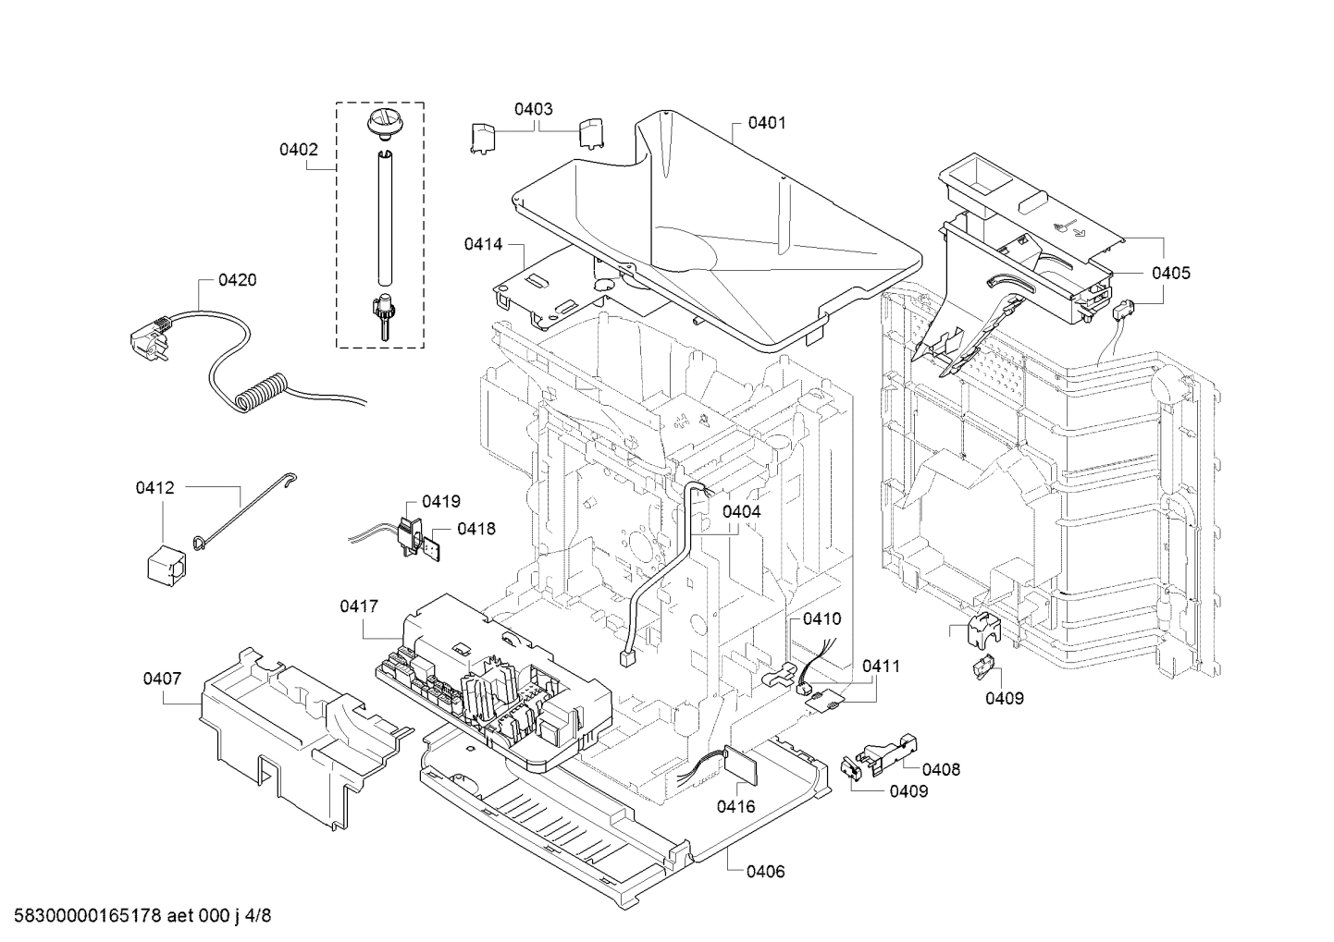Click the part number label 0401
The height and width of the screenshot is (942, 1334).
[x=767, y=122]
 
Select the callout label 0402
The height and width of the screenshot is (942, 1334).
[x=299, y=149]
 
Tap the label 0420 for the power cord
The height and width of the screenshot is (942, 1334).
[x=238, y=280]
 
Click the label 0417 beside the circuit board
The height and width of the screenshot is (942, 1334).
[x=359, y=606]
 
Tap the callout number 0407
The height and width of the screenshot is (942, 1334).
[x=162, y=679]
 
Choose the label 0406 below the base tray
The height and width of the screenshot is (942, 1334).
[x=765, y=872]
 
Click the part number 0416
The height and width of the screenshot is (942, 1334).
[x=735, y=806]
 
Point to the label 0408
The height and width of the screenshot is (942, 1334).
[x=941, y=769]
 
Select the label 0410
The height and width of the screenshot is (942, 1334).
[x=822, y=618]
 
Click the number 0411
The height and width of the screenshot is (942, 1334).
[x=881, y=666]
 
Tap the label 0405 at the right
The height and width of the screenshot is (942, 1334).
[x=1171, y=273]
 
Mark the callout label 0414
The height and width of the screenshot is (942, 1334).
[x=483, y=244]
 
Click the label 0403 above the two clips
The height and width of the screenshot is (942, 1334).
[x=534, y=109]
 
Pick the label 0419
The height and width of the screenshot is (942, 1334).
[x=441, y=502]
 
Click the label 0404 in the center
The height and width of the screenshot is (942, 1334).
[x=742, y=511]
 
